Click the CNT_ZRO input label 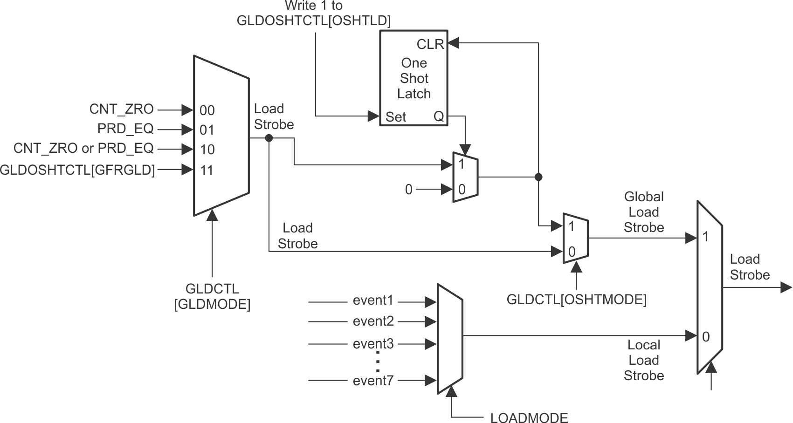pyautogui.click(x=121, y=109)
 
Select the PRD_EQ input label pyautogui.click(x=125, y=129)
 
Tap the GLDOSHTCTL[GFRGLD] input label pyautogui.click(x=77, y=170)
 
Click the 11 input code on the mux pyautogui.click(x=207, y=171)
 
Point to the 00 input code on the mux pyautogui.click(x=207, y=110)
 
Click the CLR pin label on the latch pyautogui.click(x=430, y=44)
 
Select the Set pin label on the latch pyautogui.click(x=395, y=117)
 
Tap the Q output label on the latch pyautogui.click(x=439, y=116)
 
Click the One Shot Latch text pyautogui.click(x=414, y=78)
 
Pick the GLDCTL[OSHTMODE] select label pyautogui.click(x=576, y=300)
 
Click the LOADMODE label pyautogui.click(x=529, y=418)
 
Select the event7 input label pyautogui.click(x=373, y=381)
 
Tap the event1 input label pyautogui.click(x=373, y=300)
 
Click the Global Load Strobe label pyautogui.click(x=643, y=212)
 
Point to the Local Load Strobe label pyautogui.click(x=643, y=360)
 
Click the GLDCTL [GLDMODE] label pyautogui.click(x=212, y=296)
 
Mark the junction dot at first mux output pyautogui.click(x=269, y=138)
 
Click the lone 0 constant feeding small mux pyautogui.click(x=408, y=189)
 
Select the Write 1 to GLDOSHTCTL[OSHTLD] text pyautogui.click(x=313, y=13)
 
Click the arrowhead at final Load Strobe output pyautogui.click(x=786, y=287)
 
